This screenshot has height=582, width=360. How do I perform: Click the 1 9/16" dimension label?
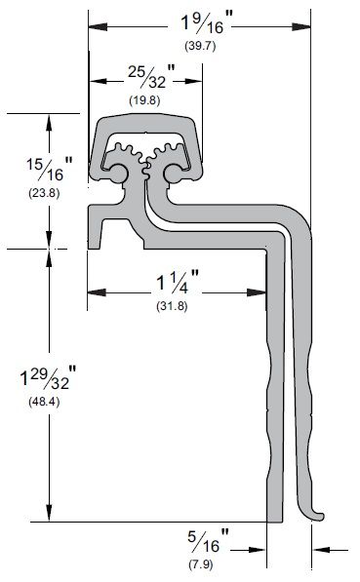pos(207,23)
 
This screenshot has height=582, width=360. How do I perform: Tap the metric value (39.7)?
pos(200,46)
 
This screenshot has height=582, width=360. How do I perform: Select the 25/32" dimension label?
pos(151,76)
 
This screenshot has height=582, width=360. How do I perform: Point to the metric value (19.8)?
pos(144,100)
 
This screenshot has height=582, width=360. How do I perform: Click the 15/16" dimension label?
pos(50,169)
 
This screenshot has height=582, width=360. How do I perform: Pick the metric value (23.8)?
pos(44,193)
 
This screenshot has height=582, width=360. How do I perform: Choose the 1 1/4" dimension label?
pos(178,281)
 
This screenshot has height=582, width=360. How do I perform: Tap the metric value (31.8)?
pos(172,306)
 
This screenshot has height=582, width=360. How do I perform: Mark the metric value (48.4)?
pos(44,402)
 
